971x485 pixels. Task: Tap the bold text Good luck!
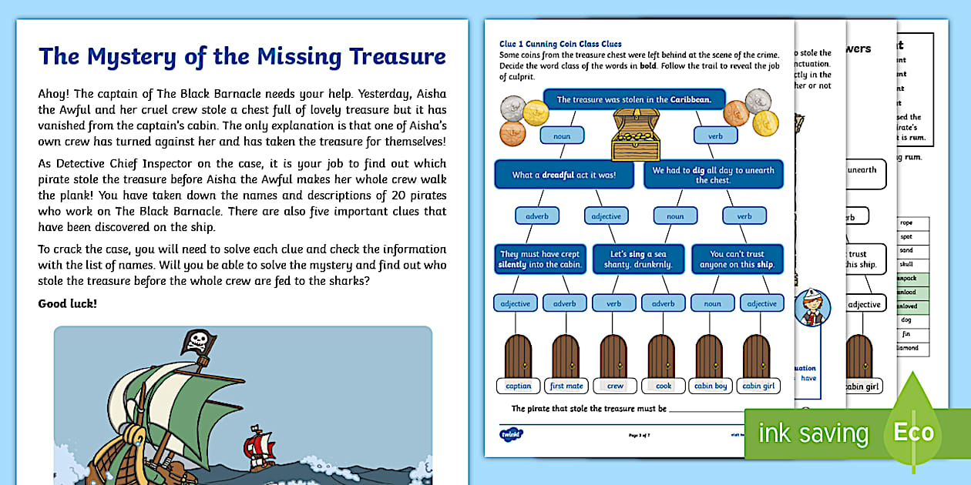pyautogui.click(x=68, y=303)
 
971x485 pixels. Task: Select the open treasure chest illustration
pyautogui.click(x=636, y=135)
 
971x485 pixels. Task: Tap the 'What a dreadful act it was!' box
pyautogui.click(x=564, y=175)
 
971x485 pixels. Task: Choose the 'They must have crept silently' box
pyautogui.click(x=540, y=259)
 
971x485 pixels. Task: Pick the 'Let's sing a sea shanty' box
pyautogui.click(x=640, y=259)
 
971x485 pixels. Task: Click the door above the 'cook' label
pyautogui.click(x=662, y=356)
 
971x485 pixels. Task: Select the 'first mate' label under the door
pyautogui.click(x=566, y=386)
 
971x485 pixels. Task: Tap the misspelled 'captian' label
pyautogui.click(x=519, y=386)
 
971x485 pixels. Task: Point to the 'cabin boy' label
pyautogui.click(x=710, y=386)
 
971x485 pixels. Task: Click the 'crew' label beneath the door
pyautogui.click(x=615, y=386)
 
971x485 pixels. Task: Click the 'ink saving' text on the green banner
pyautogui.click(x=813, y=433)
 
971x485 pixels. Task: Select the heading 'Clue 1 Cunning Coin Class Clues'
pyautogui.click(x=560, y=44)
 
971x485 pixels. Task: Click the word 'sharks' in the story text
pyautogui.click(x=338, y=281)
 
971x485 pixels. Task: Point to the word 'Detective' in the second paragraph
pyautogui.click(x=79, y=163)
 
